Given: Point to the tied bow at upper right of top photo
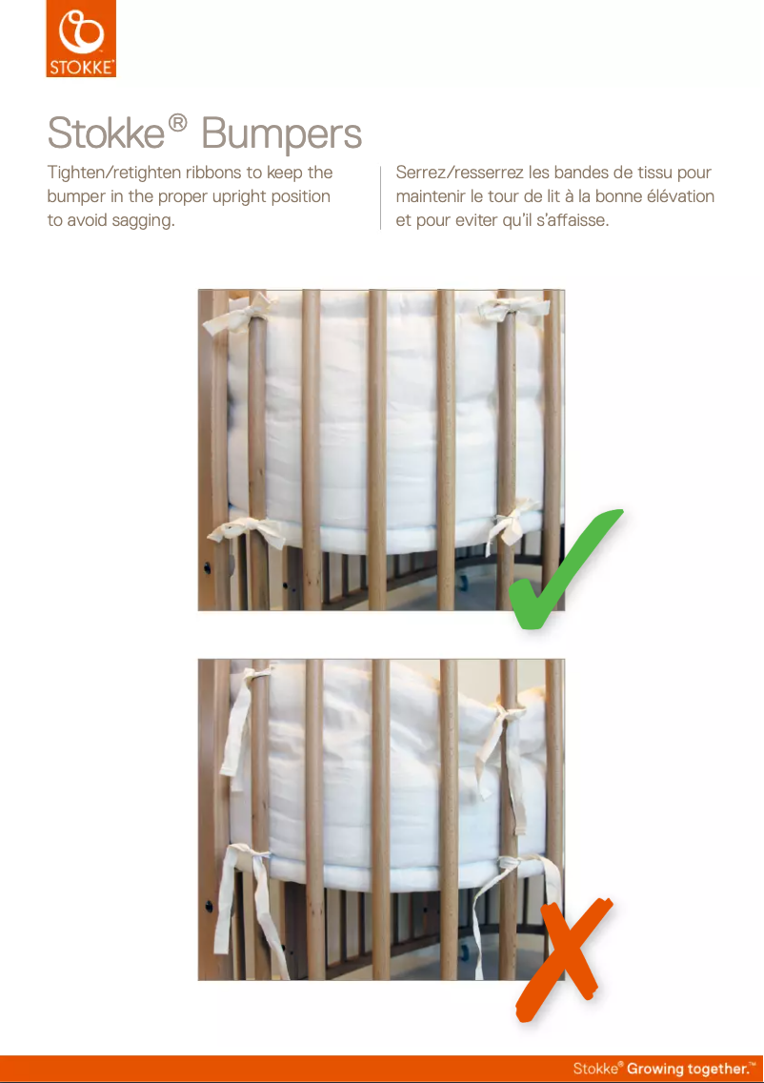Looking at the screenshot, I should click(506, 309).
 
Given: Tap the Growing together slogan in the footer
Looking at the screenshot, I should click(691, 1069).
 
